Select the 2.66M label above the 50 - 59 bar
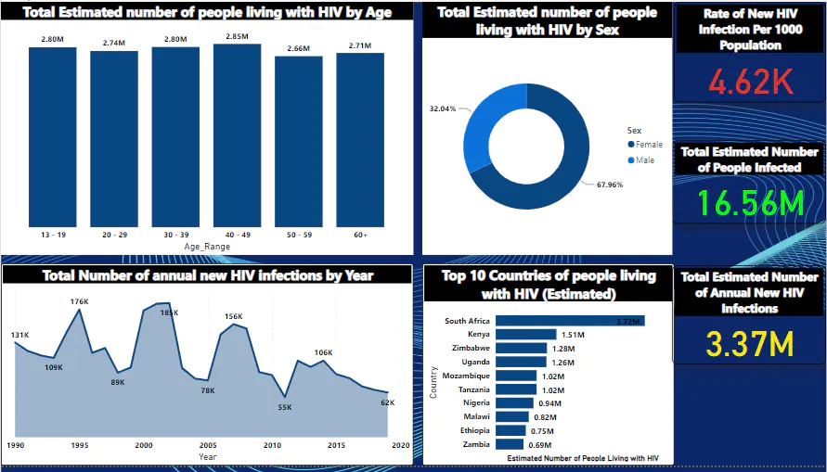[298, 48]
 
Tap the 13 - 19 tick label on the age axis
[52, 236]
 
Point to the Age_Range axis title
[206, 247]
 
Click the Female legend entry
[649, 145]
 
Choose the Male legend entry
[644, 160]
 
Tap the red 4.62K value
[750, 83]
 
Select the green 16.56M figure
[750, 203]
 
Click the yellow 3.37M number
[750, 345]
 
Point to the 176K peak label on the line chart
[79, 301]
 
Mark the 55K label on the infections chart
[285, 407]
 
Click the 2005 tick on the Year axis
[208, 445]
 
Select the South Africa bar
[570, 321]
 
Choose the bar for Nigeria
[514, 403]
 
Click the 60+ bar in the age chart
[359, 140]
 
